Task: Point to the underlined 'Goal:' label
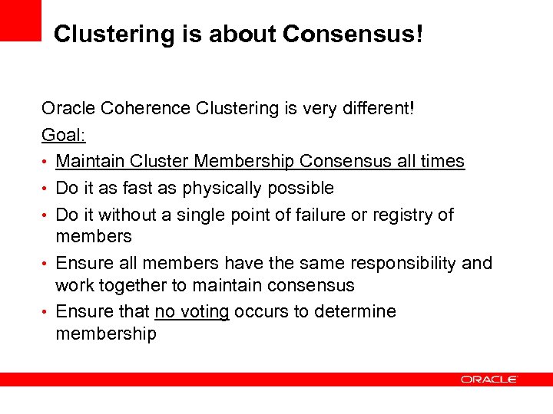click(x=64, y=135)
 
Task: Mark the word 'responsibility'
click(x=403, y=264)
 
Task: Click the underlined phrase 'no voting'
click(x=192, y=312)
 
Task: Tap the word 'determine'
click(x=358, y=312)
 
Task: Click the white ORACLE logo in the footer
click(x=489, y=379)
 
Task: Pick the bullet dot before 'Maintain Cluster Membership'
click(x=46, y=163)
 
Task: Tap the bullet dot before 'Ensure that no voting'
click(x=46, y=313)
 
